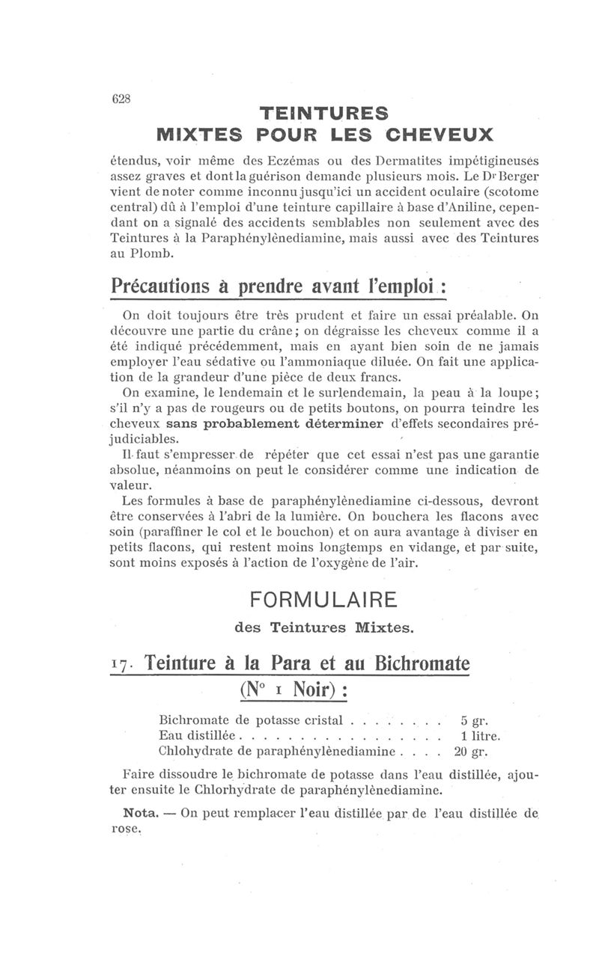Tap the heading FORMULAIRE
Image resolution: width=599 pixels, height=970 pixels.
coord(323,601)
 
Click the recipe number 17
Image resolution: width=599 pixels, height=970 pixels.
coord(122,664)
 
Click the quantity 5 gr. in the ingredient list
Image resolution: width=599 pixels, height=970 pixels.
coord(475,722)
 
